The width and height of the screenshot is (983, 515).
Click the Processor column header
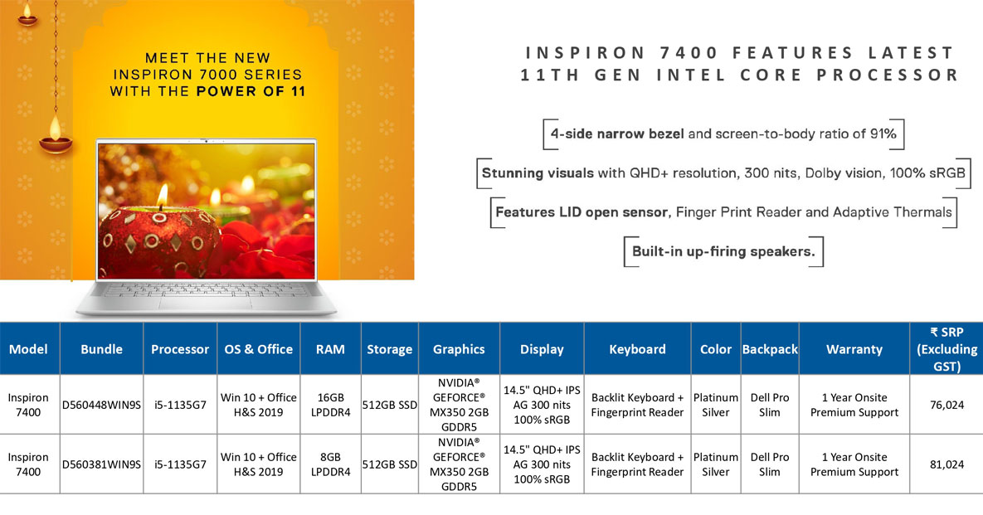(x=180, y=349)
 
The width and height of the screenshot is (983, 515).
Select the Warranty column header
(x=854, y=349)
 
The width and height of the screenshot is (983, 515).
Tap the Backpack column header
(x=770, y=349)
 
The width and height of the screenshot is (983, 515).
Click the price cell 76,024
(x=947, y=405)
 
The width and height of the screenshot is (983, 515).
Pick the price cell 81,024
(x=947, y=464)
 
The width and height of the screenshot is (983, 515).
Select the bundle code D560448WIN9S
(x=101, y=405)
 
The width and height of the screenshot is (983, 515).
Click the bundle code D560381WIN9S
(x=101, y=464)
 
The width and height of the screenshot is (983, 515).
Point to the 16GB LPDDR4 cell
(x=330, y=405)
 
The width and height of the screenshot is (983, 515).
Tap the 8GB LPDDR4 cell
(x=330, y=464)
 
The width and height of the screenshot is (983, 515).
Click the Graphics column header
(x=459, y=349)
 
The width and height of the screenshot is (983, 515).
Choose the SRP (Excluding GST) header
(x=947, y=349)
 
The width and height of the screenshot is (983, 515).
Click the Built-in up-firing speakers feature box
(x=723, y=251)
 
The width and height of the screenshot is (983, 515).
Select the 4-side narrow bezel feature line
(x=723, y=134)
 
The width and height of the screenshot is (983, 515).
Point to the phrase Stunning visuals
(x=538, y=172)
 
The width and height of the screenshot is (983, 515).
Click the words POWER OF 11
(x=251, y=91)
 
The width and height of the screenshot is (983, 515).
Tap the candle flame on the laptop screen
(x=163, y=195)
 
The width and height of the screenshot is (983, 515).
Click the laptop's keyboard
(x=207, y=290)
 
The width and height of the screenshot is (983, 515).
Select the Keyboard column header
(x=637, y=349)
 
